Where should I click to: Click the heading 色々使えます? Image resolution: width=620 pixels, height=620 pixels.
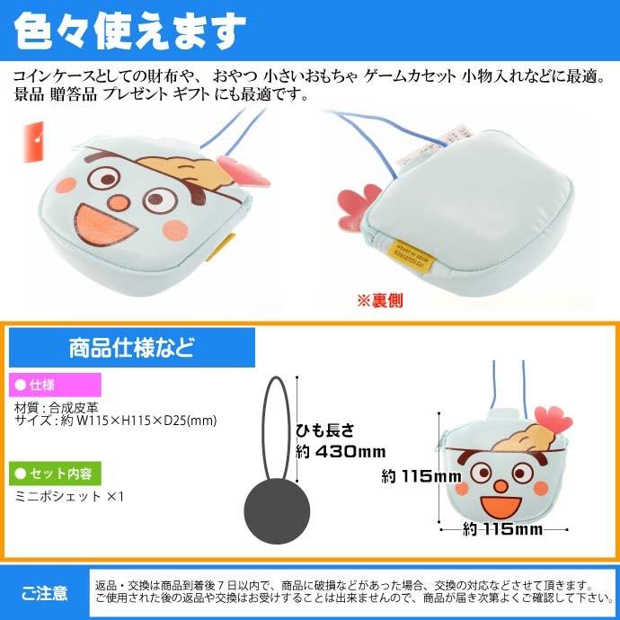pyautogui.click(x=131, y=32)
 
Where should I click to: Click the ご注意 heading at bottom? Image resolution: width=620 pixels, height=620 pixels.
pyautogui.click(x=44, y=592)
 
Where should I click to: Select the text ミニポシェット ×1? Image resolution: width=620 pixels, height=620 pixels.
pyautogui.click(x=68, y=495)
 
